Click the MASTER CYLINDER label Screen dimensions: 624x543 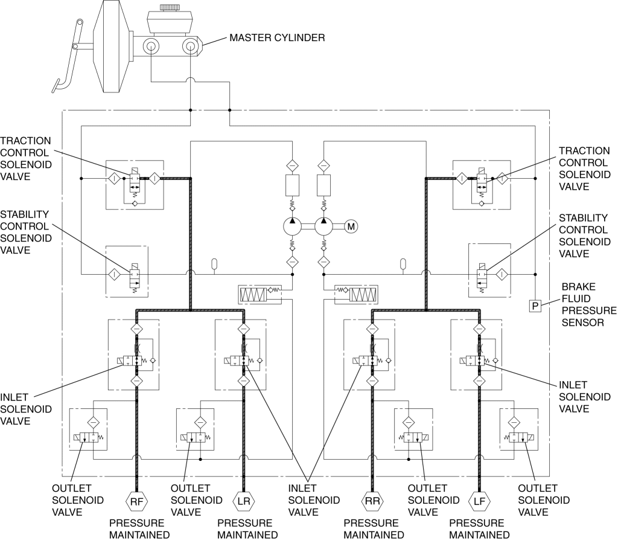point(277,38)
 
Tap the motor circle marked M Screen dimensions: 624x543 point(351,227)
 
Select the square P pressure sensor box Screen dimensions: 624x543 point(535,306)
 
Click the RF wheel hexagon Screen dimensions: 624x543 point(136,501)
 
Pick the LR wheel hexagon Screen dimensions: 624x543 point(244,501)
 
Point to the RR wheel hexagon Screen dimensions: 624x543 point(372,501)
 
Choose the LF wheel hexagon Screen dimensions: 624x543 point(479,501)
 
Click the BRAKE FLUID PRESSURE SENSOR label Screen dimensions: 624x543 point(589,305)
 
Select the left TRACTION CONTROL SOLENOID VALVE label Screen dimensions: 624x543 point(26,159)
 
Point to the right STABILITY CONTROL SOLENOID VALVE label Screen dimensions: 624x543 point(585,236)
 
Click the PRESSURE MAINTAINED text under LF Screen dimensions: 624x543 point(479,529)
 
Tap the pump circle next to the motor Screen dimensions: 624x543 point(323,227)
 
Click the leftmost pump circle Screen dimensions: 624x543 point(293,227)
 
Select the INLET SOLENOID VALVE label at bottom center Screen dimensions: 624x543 point(314,500)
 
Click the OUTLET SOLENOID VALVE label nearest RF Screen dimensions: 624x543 point(78,500)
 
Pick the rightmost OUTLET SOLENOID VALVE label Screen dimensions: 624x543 point(544,500)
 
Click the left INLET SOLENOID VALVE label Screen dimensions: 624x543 point(26,409)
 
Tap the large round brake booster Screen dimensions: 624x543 point(112,47)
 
